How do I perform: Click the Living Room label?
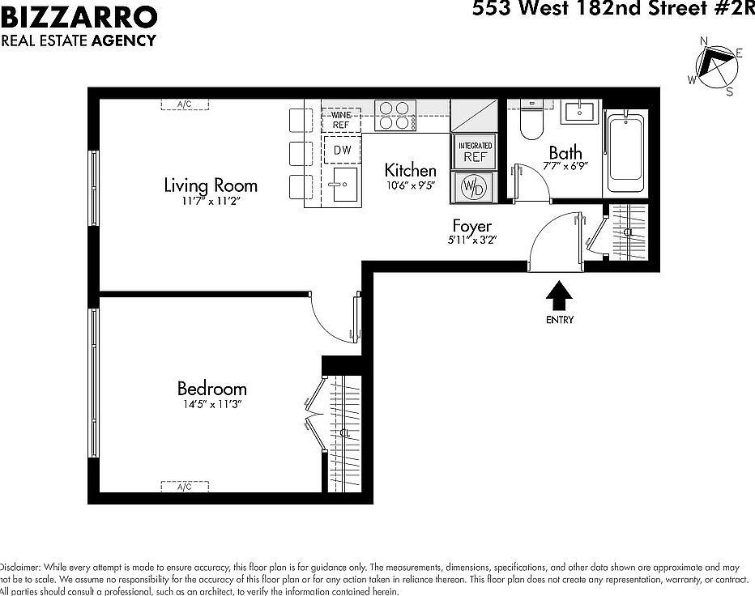[x=211, y=185]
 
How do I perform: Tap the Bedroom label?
[x=211, y=389]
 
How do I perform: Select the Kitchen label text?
[x=410, y=170]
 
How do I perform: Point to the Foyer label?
[x=471, y=226]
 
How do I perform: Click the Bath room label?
[x=565, y=152]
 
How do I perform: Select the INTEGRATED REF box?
[x=476, y=152]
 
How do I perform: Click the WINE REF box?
[x=341, y=121]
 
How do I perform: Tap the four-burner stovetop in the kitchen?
[x=395, y=115]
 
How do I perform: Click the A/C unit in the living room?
[x=184, y=104]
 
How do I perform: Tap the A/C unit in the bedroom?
[x=186, y=487]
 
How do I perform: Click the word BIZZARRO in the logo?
[x=79, y=17]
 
